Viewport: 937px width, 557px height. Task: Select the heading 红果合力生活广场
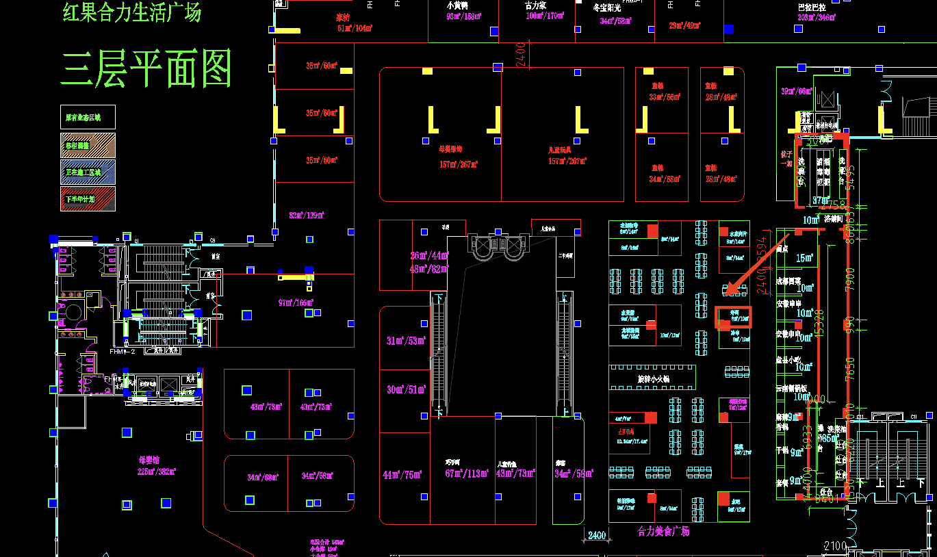click(x=132, y=12)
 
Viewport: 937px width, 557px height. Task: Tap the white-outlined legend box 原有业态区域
click(x=88, y=117)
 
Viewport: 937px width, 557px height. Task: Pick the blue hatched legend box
click(x=88, y=172)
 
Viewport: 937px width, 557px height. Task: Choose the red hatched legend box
click(x=88, y=198)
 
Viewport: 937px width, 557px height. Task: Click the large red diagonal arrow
click(x=756, y=264)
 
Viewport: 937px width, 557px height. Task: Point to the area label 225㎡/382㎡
click(x=157, y=471)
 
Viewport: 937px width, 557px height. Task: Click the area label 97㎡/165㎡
click(x=296, y=302)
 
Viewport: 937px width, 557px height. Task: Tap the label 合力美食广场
click(x=663, y=531)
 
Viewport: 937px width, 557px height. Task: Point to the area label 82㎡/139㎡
click(x=307, y=216)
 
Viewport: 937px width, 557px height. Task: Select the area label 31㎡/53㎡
click(x=406, y=341)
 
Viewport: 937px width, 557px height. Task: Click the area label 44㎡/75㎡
click(x=402, y=475)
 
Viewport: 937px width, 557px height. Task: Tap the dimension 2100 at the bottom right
click(x=836, y=545)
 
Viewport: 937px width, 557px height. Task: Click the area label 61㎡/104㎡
click(x=355, y=28)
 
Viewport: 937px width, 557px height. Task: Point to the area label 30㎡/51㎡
click(x=406, y=390)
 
